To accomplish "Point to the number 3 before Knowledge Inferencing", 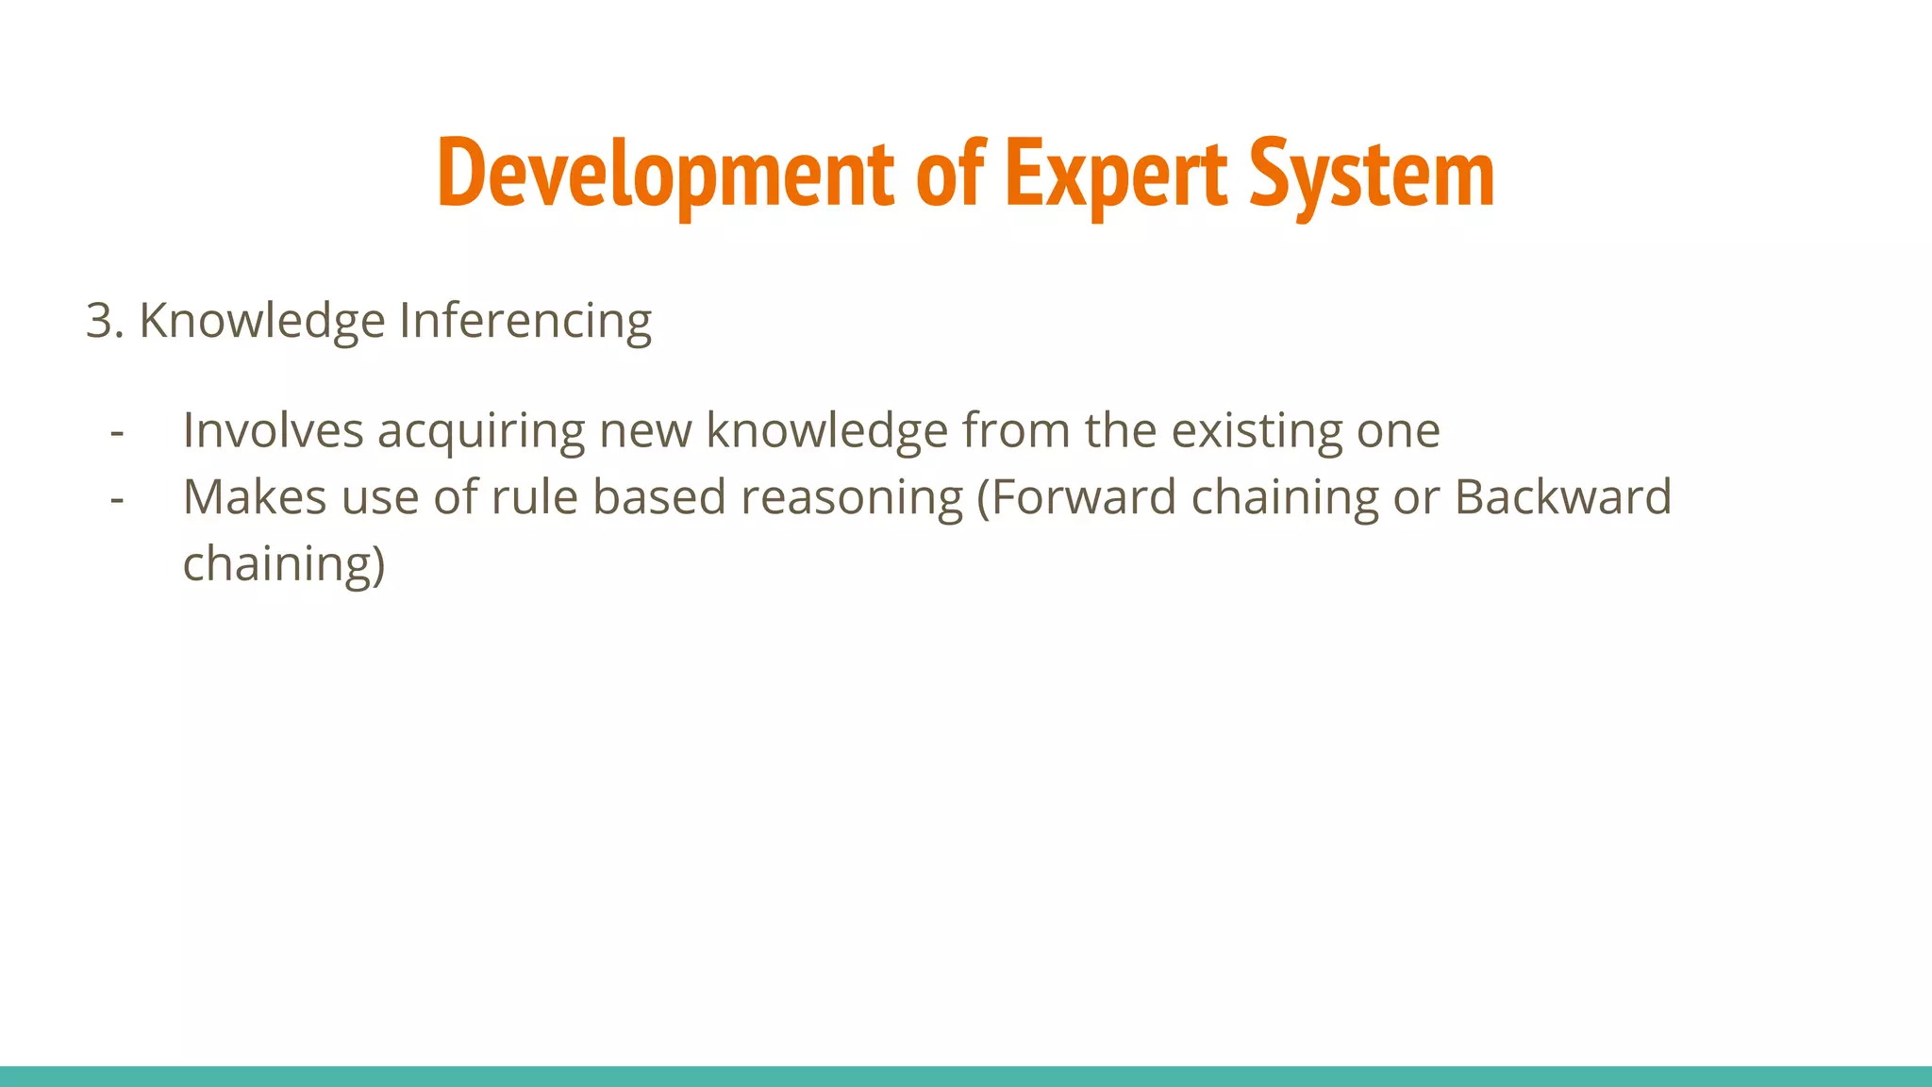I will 98,321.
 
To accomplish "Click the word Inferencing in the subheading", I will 525,321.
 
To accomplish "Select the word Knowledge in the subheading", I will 262,321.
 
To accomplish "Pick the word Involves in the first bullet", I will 273,431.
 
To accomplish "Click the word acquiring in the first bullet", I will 481,431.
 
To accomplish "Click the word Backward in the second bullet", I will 1562,497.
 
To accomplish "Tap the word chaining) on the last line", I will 284,564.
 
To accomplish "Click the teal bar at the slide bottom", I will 966,1076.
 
